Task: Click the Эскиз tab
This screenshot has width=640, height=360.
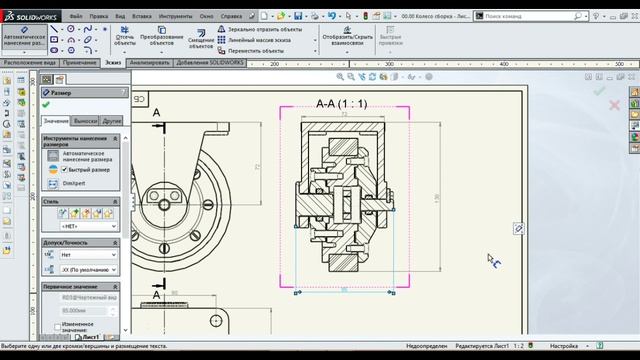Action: click(113, 62)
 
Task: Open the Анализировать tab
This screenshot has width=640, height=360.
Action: click(149, 62)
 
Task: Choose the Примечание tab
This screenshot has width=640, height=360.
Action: click(80, 62)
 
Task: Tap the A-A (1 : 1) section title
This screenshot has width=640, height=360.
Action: click(341, 103)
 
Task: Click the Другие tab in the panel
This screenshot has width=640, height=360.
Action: click(111, 121)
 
